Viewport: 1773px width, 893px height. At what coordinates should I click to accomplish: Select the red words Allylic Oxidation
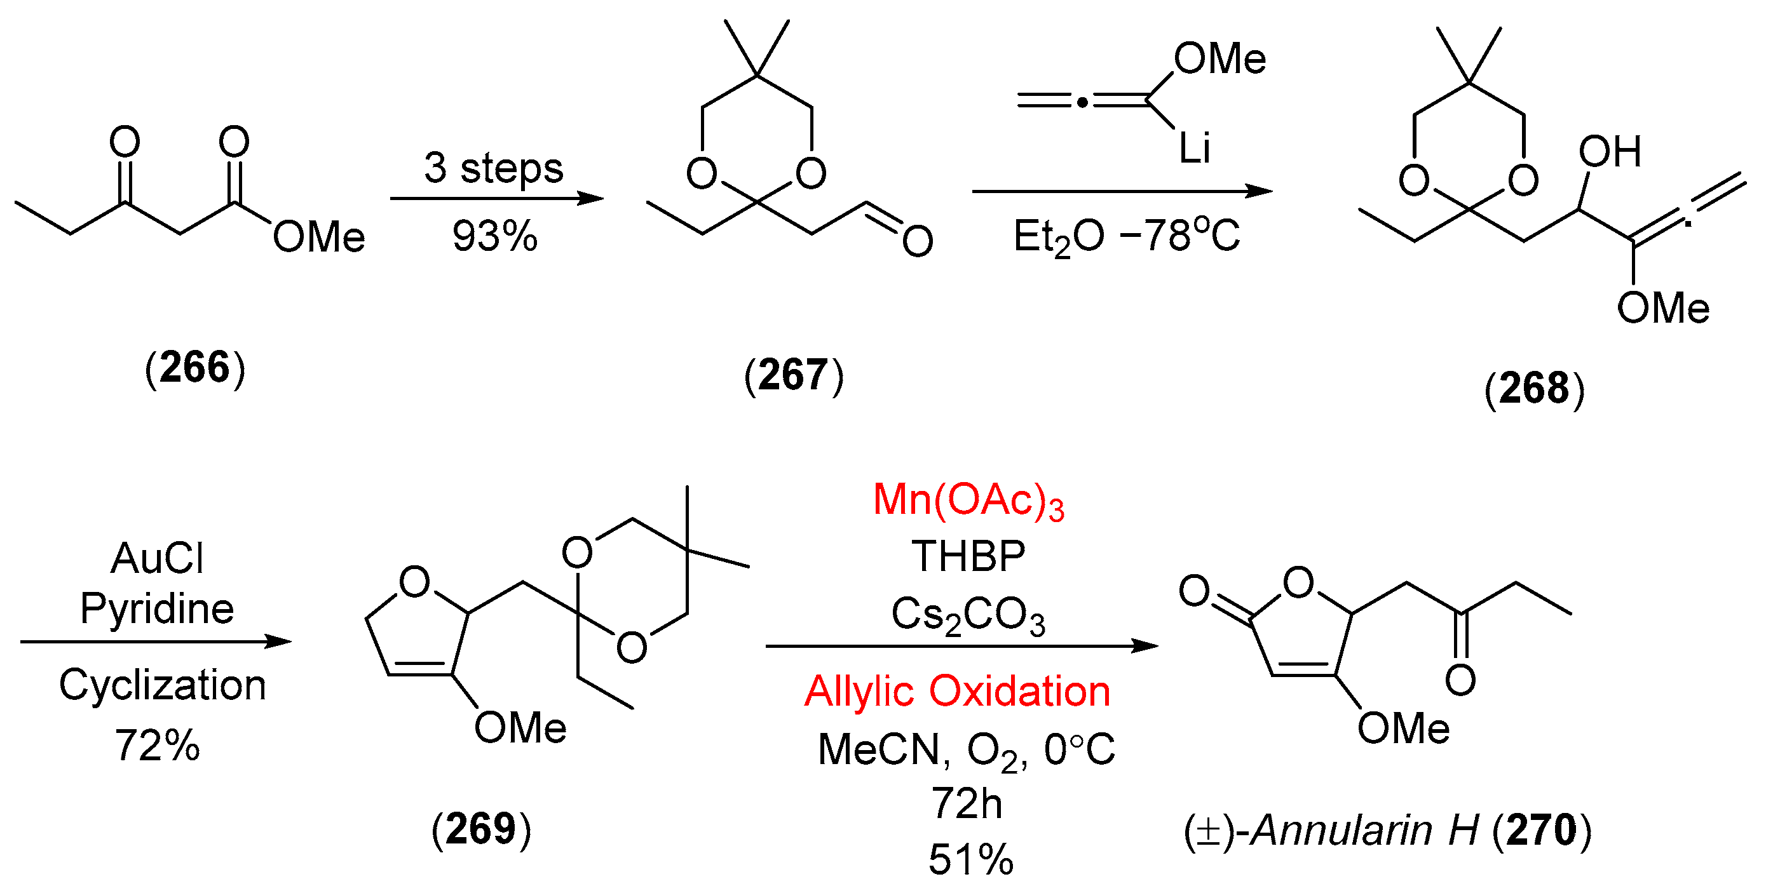(x=958, y=691)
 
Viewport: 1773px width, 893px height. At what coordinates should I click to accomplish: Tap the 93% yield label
(x=495, y=237)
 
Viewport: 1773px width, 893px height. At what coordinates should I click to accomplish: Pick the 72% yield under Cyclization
(x=158, y=746)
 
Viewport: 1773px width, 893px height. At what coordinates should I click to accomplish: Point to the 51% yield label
(x=971, y=860)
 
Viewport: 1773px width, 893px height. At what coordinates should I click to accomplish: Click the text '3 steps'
(x=494, y=168)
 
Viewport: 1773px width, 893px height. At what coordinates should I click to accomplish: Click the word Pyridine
(x=158, y=609)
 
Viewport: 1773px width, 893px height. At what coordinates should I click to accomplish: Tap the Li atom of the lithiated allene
(x=1194, y=148)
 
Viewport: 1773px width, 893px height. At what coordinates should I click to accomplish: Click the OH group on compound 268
(x=1609, y=152)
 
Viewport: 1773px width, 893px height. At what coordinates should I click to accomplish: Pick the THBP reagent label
(x=968, y=556)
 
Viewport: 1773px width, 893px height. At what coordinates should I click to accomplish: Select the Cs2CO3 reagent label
(x=968, y=614)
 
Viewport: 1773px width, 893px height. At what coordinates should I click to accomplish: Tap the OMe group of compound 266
(x=318, y=238)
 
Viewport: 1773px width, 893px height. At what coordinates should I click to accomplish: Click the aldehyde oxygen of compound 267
(x=918, y=241)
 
